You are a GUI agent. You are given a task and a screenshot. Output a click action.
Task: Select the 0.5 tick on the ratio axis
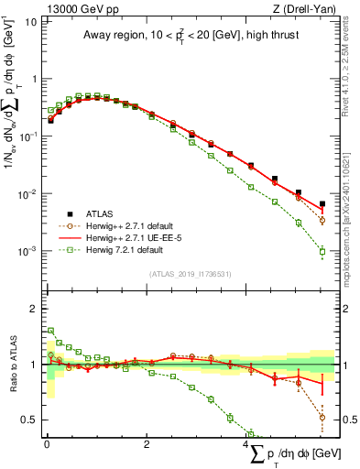(27, 420)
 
